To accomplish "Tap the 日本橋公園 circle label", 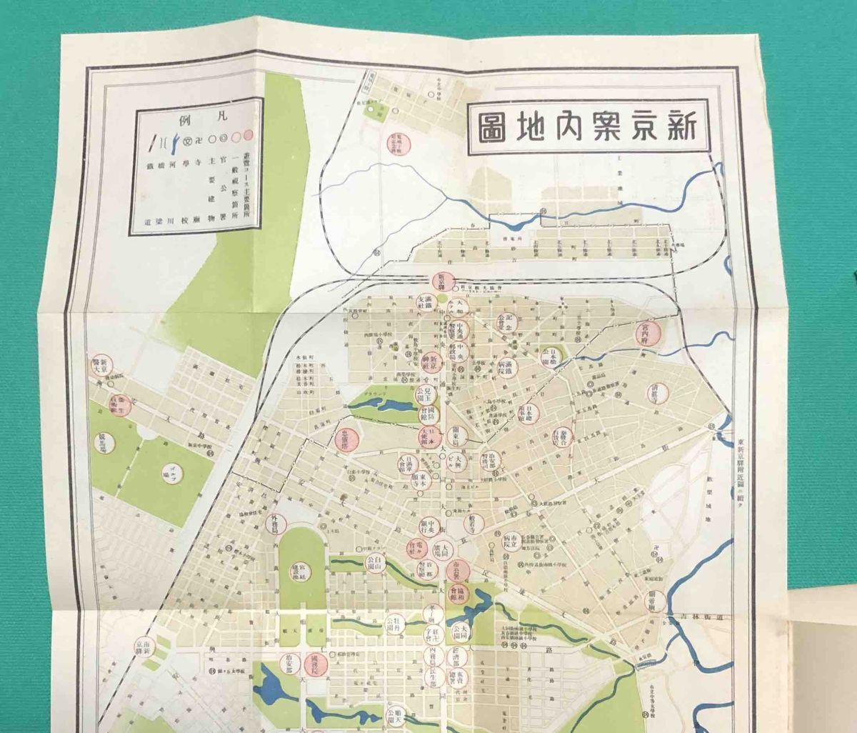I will click(553, 355).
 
